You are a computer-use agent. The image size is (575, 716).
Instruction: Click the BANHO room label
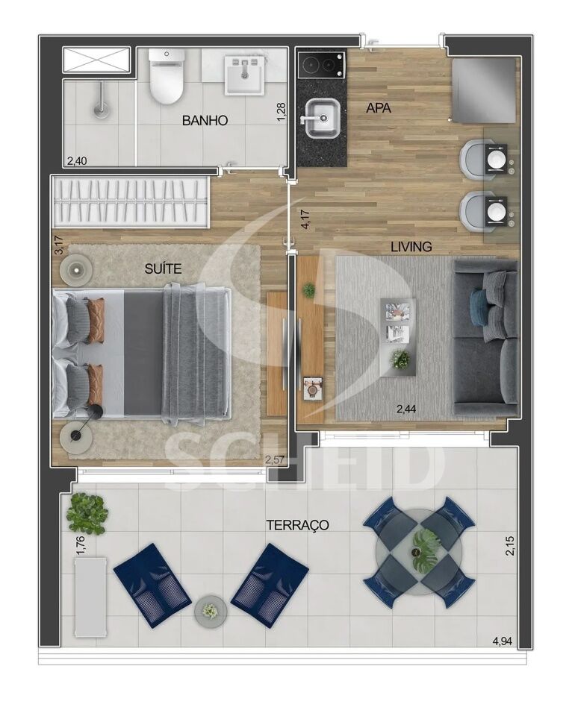[205, 120]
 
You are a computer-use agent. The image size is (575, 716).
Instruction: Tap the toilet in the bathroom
[166, 78]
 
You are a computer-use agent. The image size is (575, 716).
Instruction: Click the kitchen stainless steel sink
[320, 119]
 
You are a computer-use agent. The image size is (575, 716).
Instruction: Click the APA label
[378, 108]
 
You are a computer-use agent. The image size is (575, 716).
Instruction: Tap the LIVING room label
[411, 246]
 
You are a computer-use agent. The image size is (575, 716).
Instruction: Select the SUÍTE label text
[164, 268]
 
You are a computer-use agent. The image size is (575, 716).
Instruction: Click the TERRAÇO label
[297, 525]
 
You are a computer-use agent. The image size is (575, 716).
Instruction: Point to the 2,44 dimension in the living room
[408, 408]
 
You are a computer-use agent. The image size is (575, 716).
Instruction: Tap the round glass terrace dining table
[418, 553]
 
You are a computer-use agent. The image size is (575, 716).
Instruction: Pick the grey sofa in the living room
[485, 338]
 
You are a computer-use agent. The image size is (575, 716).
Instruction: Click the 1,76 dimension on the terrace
[81, 543]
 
